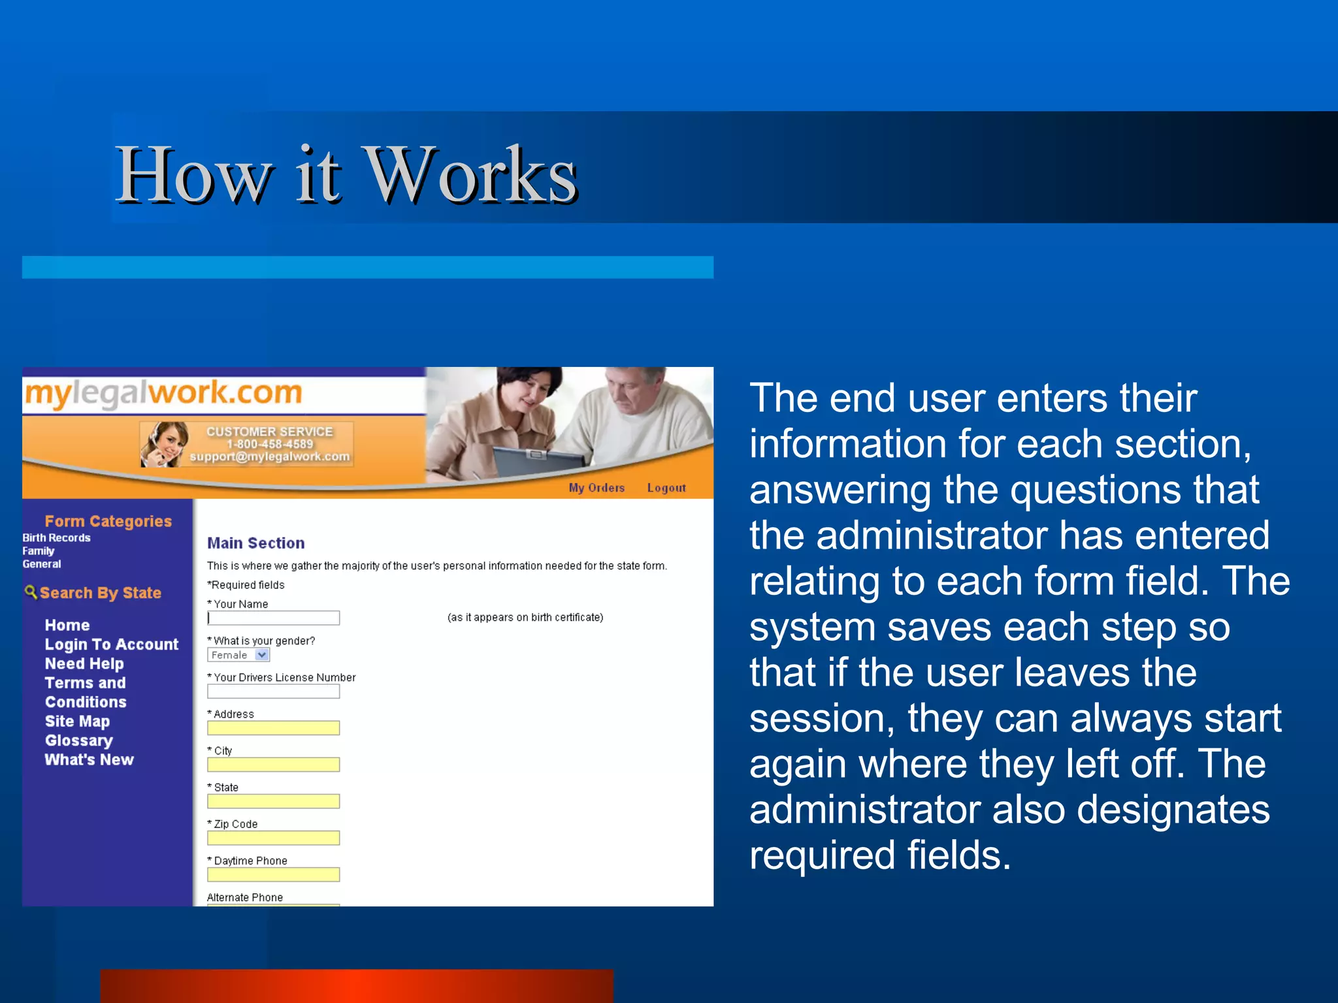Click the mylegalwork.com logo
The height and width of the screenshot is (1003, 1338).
(163, 393)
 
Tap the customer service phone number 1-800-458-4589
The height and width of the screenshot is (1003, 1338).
(270, 444)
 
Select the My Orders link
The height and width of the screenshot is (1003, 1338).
(596, 488)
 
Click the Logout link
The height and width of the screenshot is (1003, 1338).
(666, 488)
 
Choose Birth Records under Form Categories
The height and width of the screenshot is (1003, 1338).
(56, 538)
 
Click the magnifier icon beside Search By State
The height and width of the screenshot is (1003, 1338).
(30, 592)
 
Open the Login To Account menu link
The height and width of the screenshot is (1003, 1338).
(111, 645)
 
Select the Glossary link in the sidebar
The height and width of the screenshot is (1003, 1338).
(78, 740)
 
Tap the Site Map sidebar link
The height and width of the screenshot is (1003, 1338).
(77, 722)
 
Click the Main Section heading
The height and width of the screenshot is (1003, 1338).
(255, 543)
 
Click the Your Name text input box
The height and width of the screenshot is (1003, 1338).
(273, 618)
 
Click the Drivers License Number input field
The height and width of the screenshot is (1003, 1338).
(273, 692)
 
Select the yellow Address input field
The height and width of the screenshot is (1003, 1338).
(273, 728)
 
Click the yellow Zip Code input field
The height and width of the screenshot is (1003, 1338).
(273, 838)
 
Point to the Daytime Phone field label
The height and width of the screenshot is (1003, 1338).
(250, 861)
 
